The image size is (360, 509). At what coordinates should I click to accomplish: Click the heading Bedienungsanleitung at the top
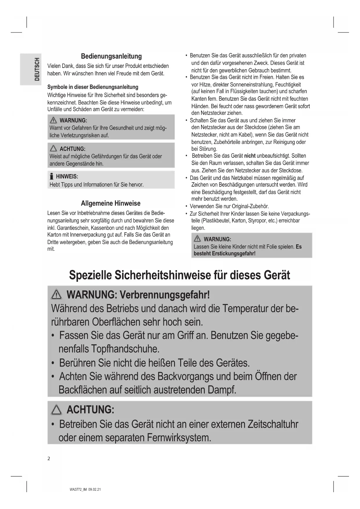point(111,56)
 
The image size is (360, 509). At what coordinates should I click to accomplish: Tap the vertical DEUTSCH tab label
point(37,69)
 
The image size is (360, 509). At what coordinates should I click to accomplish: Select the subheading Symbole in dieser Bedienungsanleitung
point(93,87)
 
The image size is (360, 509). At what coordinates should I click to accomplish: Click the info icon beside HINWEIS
point(52,176)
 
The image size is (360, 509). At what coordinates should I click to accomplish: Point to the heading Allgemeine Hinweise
point(111,203)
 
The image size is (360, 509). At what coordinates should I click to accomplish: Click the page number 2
point(49,459)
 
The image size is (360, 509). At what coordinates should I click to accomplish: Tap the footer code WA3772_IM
point(78,490)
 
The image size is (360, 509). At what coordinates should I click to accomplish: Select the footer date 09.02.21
point(95,490)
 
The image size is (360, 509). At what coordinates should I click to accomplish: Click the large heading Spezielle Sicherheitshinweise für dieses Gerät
point(179,275)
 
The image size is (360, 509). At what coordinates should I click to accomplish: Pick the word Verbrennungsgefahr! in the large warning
point(164,295)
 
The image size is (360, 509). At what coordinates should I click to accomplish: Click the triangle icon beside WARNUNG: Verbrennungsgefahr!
point(56,295)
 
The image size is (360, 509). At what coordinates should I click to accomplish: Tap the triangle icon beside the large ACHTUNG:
point(56,410)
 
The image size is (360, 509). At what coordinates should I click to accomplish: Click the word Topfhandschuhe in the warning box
point(125,349)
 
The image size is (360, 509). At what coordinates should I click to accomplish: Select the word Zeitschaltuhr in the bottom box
point(273,424)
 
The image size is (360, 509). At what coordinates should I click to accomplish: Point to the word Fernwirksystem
point(179,438)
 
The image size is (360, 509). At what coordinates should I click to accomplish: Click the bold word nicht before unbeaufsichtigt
point(250,156)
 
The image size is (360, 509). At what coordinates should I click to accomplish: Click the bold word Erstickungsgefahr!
point(234,253)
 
